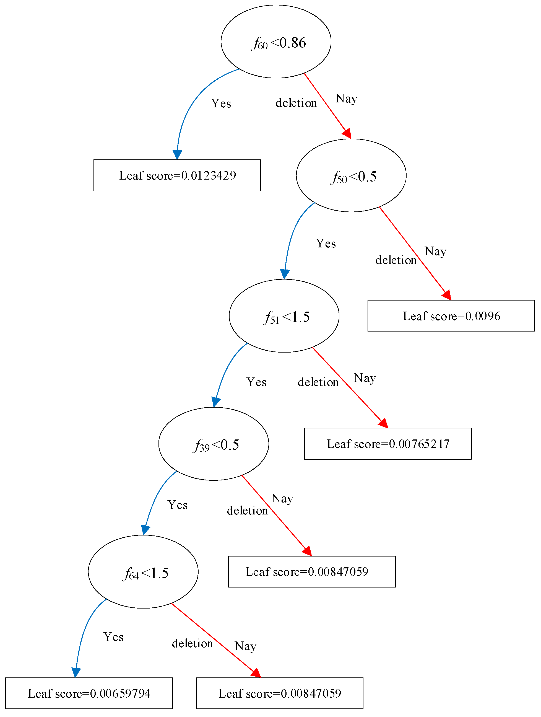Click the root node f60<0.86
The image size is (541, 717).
276,42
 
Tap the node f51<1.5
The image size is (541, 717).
284,316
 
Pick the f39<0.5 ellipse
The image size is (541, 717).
214,444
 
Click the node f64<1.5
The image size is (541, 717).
143,572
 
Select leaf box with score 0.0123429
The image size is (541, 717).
177,175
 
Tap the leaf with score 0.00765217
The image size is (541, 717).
388,444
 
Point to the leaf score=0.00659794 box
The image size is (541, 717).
89,693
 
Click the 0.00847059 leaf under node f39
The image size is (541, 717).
312,572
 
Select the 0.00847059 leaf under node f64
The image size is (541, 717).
280,693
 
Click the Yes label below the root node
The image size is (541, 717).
221,103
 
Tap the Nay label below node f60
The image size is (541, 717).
346,99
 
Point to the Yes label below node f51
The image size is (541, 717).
256,382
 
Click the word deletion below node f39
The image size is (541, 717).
247,511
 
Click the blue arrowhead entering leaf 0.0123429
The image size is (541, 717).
177,155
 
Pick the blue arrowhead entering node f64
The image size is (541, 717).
145,530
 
